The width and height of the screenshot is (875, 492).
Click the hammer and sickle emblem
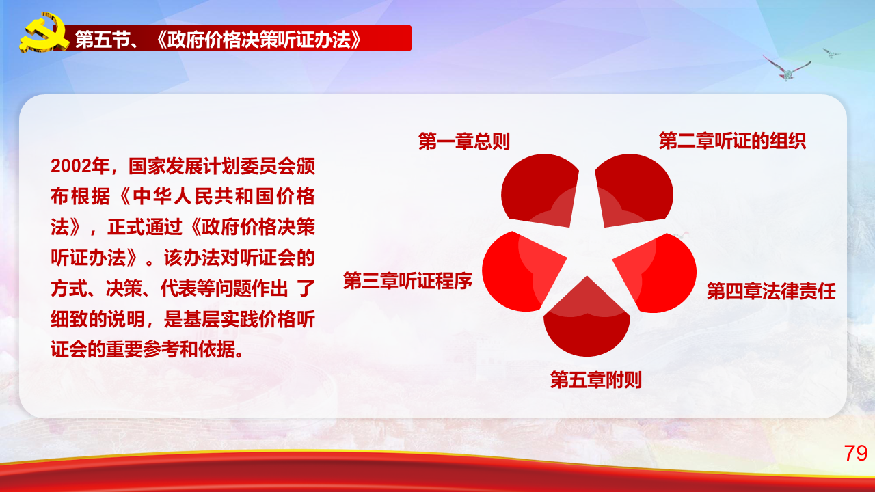pos(44,33)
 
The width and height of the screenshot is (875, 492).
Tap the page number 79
pos(855,453)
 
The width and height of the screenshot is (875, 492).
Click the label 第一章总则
pos(463,141)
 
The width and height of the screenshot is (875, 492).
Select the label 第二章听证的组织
pos(732,141)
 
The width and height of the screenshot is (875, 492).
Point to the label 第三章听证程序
pos(407,281)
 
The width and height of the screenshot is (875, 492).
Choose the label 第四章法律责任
pos(771,291)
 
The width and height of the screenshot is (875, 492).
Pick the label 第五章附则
pos(595,379)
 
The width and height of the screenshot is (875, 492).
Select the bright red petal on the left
pos(520,271)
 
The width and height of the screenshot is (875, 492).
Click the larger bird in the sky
pos(786,69)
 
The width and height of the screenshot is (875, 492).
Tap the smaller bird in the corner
pos(831,53)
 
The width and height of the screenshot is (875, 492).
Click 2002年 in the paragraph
pos(80,166)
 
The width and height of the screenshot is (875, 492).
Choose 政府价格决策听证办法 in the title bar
pos(259,40)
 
